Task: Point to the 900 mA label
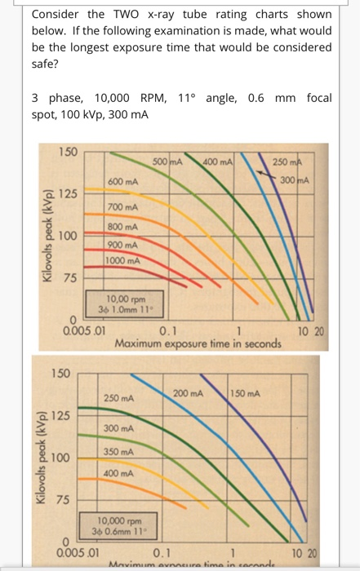[122, 244]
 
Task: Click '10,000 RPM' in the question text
[104, 98]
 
